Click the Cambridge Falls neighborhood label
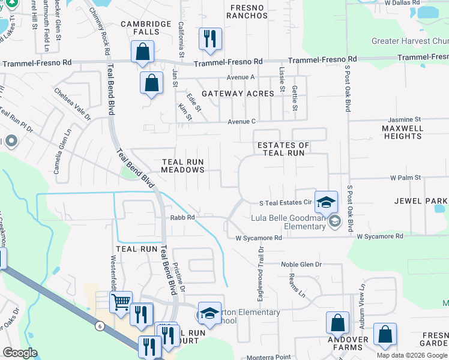[140, 28]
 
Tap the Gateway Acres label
[238, 94]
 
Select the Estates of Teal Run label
[283, 149]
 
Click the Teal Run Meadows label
[183, 166]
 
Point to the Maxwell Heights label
[402, 132]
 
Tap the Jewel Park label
[420, 200]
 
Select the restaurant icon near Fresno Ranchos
[210, 38]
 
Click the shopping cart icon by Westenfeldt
[121, 302]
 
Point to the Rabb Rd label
[182, 218]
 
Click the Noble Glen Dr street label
[301, 264]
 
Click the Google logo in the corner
[19, 353]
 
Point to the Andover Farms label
[348, 343]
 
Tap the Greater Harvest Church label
[409, 41]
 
